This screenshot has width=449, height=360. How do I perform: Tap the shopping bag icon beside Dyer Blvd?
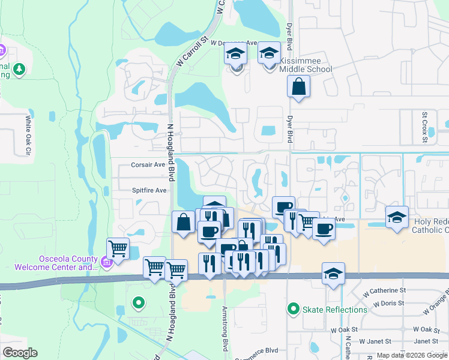click(298, 87)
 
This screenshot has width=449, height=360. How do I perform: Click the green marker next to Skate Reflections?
click(293, 310)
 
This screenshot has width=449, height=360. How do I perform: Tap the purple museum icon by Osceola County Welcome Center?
click(106, 261)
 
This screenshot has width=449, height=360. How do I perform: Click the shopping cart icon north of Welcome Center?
click(118, 247)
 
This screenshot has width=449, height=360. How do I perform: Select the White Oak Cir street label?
click(28, 136)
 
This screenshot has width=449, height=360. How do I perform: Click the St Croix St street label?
click(424, 127)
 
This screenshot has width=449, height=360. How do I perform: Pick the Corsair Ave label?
click(148, 164)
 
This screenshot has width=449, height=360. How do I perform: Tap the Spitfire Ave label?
click(149, 190)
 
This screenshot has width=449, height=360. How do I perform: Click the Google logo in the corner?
click(20, 352)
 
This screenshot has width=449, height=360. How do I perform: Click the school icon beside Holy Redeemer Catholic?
click(397, 217)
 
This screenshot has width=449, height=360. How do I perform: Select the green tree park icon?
click(19, 70)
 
